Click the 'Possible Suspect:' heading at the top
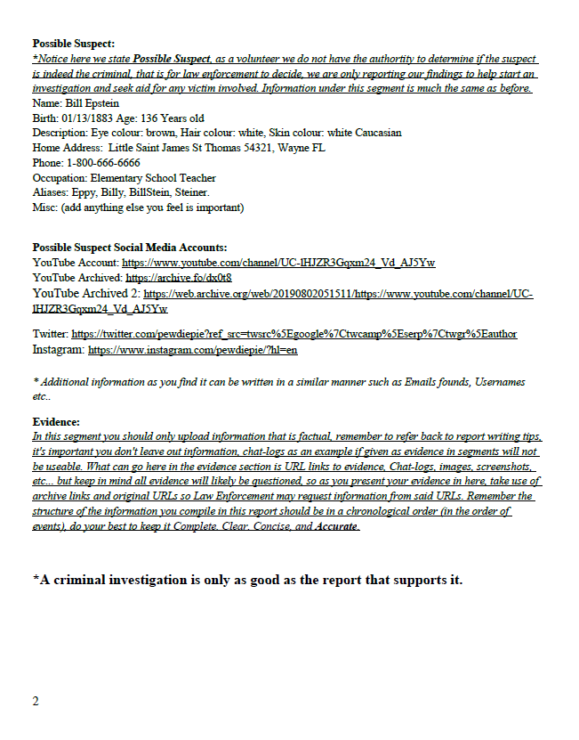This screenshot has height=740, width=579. (74, 43)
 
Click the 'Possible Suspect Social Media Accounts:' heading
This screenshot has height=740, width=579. (130, 247)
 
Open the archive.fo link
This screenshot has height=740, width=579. (179, 277)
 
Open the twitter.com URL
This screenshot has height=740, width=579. (294, 334)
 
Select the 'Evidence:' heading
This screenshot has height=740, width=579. (56, 421)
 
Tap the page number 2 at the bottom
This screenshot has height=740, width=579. (36, 701)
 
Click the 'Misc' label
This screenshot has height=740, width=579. (44, 208)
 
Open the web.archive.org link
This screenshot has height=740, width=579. (338, 293)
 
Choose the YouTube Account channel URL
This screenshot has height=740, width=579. (277, 263)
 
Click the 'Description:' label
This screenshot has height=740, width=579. (61, 133)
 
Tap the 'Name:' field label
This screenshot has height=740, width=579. (47, 102)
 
